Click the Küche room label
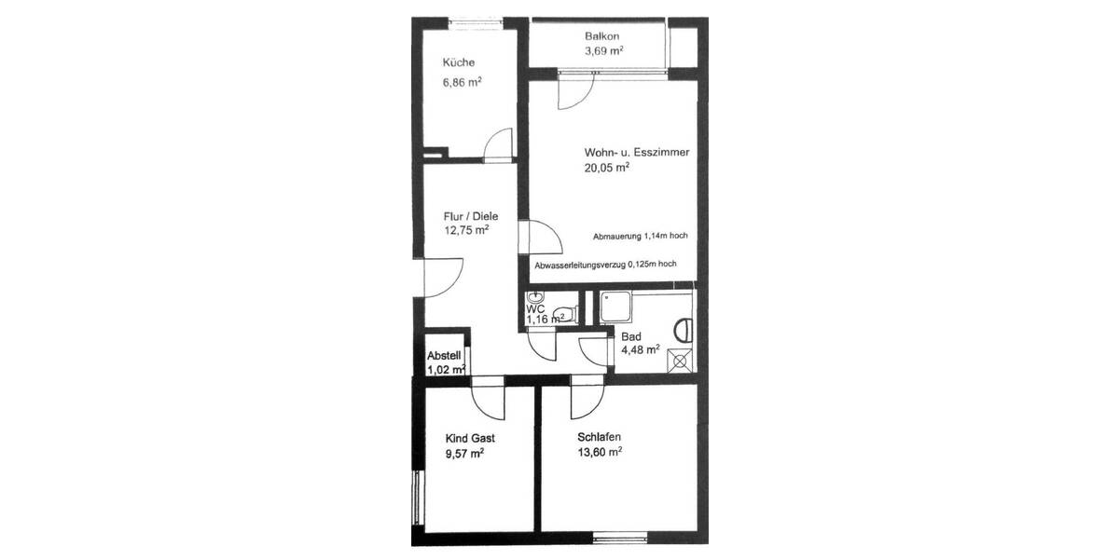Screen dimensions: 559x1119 458,63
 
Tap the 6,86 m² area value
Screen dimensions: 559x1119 462,82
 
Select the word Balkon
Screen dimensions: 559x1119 601,36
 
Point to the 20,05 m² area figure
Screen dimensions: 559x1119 606,169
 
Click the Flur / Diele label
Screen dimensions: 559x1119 464,216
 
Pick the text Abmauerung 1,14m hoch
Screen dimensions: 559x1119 640,236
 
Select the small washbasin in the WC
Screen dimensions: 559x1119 534,298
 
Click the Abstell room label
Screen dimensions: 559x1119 444,356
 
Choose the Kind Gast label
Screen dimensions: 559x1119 470,438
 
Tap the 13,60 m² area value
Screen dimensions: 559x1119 600,454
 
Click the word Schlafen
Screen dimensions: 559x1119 600,437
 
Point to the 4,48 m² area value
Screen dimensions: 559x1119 640,350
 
